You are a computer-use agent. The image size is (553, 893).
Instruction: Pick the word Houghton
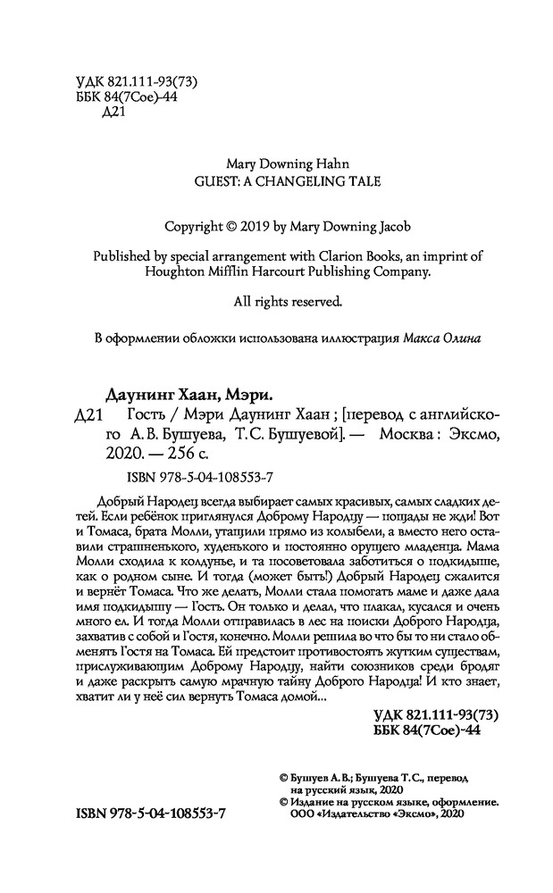[175, 271]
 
